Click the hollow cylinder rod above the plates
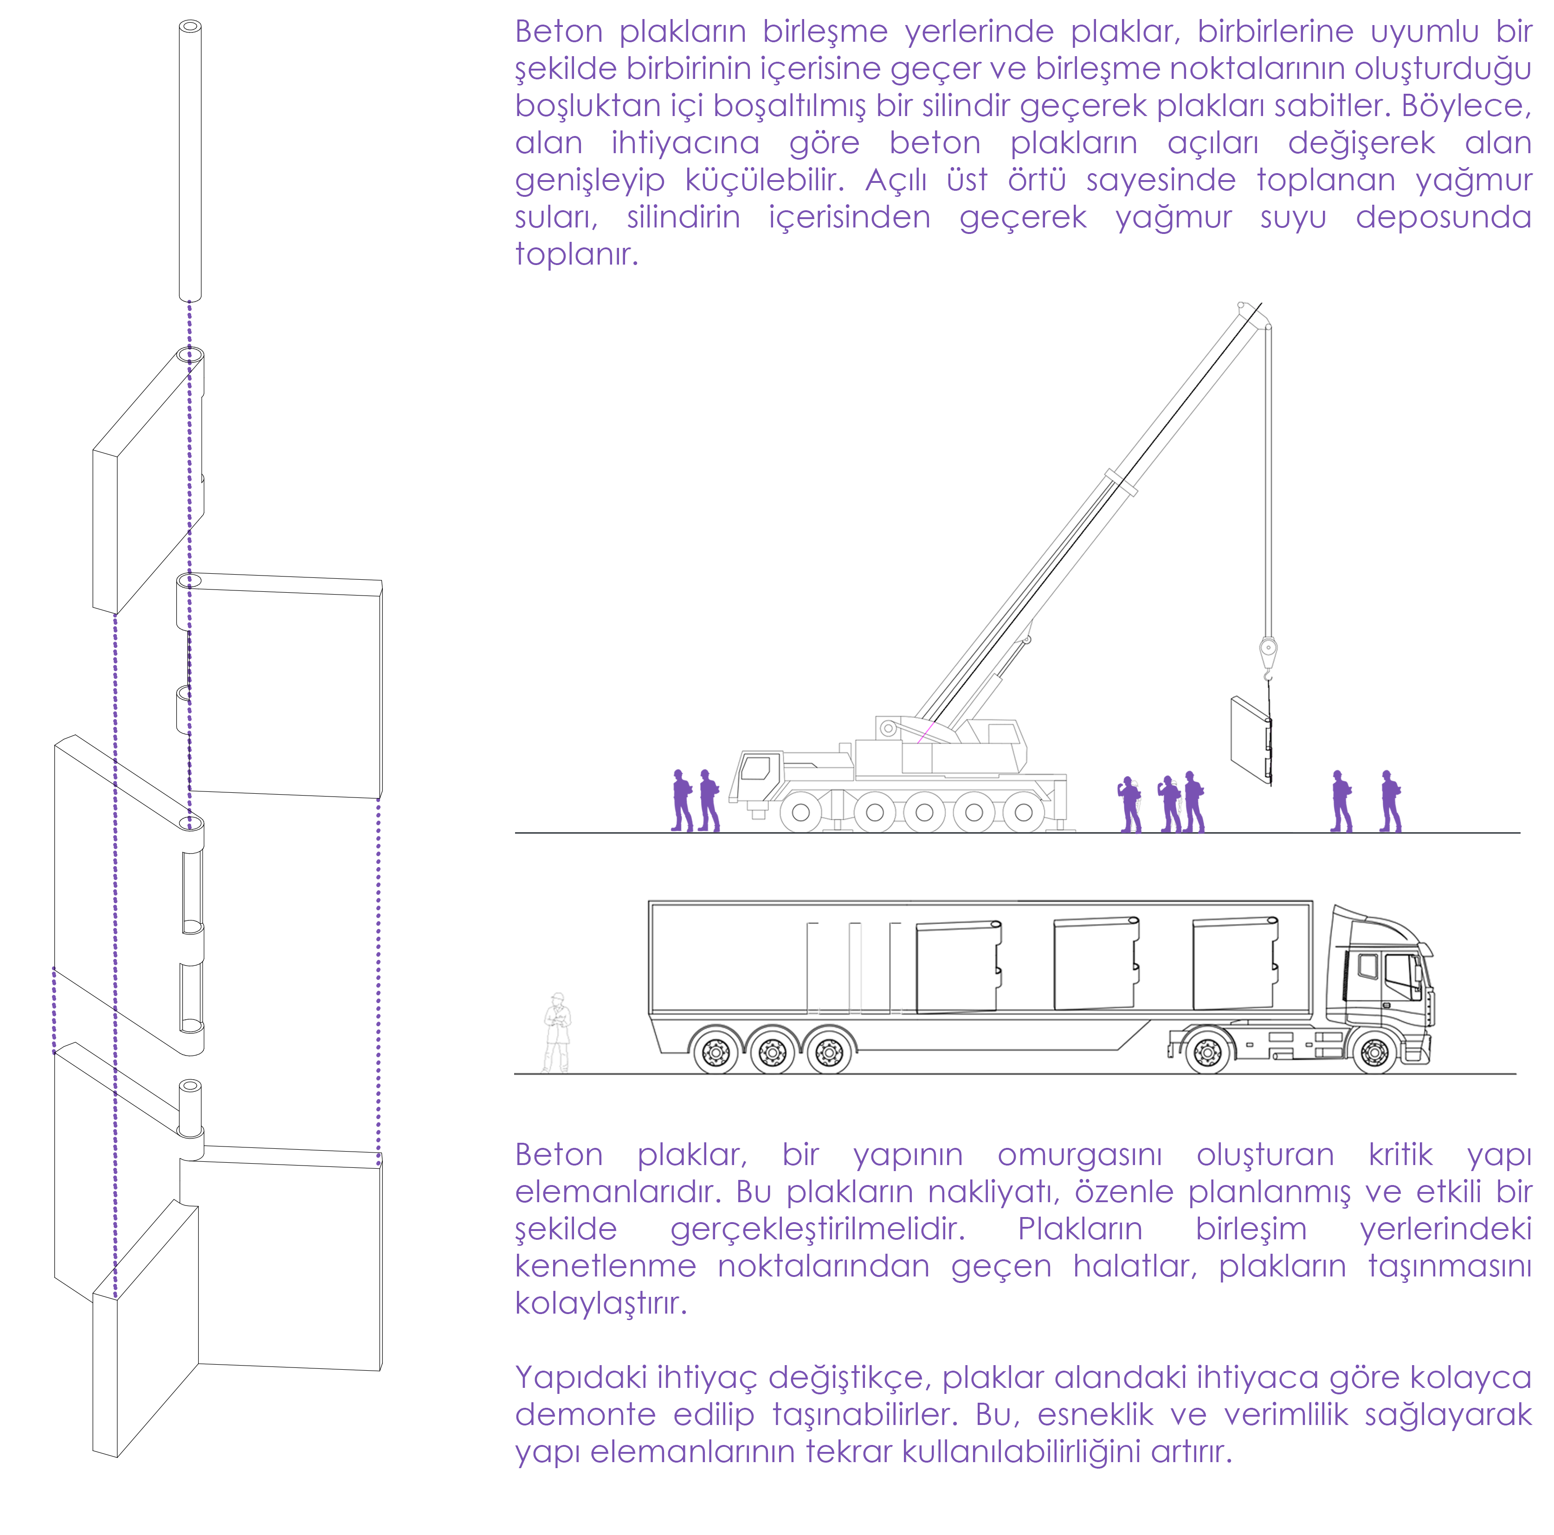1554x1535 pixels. point(190,161)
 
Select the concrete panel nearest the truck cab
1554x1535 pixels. point(1235,963)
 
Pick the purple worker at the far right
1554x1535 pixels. point(1391,801)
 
